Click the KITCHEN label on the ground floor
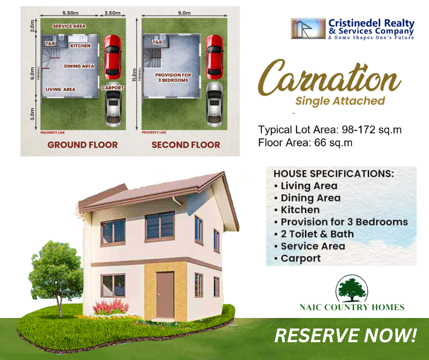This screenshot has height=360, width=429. (80, 46)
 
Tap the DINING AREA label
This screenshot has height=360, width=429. (79, 66)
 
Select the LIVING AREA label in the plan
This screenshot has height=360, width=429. (60, 90)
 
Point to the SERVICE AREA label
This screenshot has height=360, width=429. (69, 26)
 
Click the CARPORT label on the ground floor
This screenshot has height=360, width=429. (113, 88)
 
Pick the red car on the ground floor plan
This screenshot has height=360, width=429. (112, 57)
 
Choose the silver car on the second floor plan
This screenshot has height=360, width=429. (214, 104)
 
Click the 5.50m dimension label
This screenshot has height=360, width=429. (70, 13)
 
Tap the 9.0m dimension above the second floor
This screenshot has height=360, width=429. (184, 13)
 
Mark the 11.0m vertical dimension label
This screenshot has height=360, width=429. (134, 75)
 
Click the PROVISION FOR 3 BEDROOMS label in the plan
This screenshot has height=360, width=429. (173, 78)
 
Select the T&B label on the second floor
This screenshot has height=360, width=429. (157, 42)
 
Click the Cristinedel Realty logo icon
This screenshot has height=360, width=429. (309, 28)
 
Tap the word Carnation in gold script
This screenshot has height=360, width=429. (329, 78)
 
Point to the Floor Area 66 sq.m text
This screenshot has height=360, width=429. (305, 143)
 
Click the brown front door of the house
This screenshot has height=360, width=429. (165, 295)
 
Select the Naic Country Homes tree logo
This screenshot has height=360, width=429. (352, 288)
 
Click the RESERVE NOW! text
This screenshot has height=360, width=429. (345, 336)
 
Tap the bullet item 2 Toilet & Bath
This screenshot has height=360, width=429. (317, 234)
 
